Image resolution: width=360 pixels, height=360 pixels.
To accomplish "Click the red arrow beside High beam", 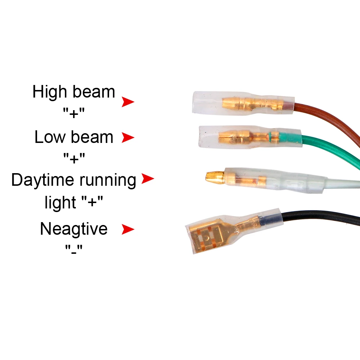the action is (x=127, y=102).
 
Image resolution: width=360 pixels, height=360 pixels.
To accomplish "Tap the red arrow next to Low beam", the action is (x=127, y=138).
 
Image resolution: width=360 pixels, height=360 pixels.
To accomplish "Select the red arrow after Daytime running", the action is (x=147, y=179).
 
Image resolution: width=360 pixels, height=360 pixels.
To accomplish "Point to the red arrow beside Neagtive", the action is (x=127, y=229).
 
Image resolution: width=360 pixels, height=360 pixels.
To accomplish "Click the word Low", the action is (x=49, y=137).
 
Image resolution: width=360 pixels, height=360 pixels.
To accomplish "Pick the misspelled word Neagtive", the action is (x=73, y=229).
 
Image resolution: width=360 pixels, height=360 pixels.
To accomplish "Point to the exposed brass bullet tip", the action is (x=213, y=176).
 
